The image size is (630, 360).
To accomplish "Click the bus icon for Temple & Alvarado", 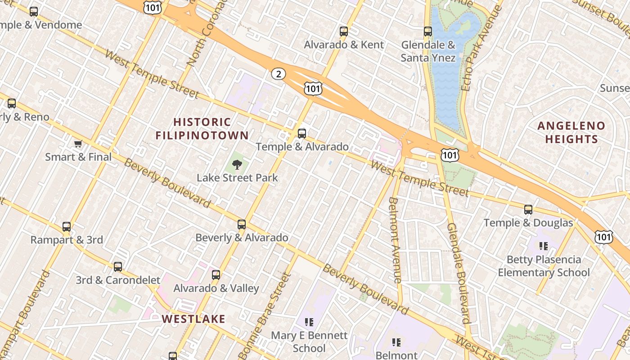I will click(x=302, y=134).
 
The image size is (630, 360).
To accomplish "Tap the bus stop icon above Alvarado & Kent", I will click(x=344, y=31).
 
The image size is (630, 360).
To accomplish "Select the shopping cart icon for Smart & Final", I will click(x=78, y=144).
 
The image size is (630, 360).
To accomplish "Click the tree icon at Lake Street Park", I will click(x=237, y=165).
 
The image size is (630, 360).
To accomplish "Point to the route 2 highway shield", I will click(x=279, y=74).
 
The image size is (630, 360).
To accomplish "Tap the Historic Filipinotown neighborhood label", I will click(x=202, y=129).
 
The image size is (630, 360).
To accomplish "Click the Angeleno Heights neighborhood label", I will click(x=571, y=132).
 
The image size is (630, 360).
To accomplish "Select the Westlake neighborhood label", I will click(x=193, y=319).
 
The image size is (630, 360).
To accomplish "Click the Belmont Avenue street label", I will click(x=395, y=240).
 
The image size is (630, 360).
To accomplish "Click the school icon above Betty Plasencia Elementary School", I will click(x=544, y=246).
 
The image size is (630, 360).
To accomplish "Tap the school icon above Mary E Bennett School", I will click(x=309, y=322).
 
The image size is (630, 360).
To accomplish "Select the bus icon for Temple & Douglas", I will click(x=528, y=210).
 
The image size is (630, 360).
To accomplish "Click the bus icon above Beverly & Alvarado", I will click(x=242, y=225).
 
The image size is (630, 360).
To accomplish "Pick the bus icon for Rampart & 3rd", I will click(x=67, y=227).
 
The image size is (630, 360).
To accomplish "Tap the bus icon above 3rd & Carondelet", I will click(x=118, y=267).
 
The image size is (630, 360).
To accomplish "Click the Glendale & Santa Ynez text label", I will click(x=428, y=51).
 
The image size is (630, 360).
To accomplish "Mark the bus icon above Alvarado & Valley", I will click(x=216, y=275).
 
